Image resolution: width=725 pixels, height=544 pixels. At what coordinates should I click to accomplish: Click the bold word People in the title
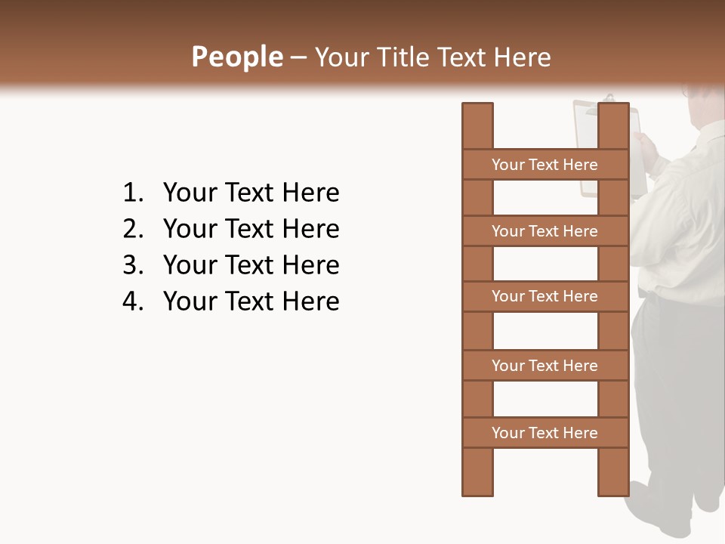(236, 57)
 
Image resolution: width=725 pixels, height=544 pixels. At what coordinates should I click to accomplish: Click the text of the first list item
(251, 193)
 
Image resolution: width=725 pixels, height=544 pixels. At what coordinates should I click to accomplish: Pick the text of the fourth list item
(251, 301)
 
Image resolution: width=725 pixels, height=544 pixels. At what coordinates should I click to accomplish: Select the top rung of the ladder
(545, 165)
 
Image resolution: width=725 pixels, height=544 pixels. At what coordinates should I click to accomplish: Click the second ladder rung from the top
(545, 231)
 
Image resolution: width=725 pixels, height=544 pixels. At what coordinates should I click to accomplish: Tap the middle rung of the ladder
(545, 297)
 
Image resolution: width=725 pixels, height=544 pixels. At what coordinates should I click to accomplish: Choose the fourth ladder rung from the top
(545, 366)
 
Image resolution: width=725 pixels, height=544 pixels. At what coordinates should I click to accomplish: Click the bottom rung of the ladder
(545, 433)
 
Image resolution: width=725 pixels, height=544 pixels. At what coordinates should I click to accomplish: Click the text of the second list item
(251, 229)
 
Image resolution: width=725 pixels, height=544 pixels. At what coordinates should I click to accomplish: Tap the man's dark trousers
(668, 378)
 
